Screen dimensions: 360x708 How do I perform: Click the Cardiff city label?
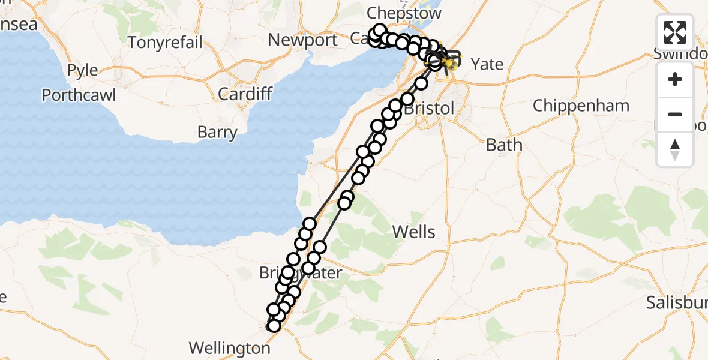tap(245, 94)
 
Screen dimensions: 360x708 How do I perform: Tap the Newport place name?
tap(303, 40)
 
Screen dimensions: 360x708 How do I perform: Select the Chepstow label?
tap(404, 13)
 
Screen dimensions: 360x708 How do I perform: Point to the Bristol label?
tap(429, 109)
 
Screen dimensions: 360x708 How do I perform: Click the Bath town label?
tap(504, 145)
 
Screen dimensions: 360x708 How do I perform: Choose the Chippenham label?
tap(581, 106)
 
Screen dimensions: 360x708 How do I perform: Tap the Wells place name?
tap(413, 232)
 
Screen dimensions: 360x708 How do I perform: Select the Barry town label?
tap(217, 133)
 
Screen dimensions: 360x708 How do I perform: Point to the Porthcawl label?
tap(79, 95)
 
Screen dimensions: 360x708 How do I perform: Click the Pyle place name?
tap(82, 70)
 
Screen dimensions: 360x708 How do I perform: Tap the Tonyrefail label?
tap(165, 43)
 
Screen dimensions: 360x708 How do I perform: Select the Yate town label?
tap(487, 64)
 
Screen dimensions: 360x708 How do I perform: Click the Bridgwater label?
tap(300, 274)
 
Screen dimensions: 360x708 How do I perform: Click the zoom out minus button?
tap(675, 114)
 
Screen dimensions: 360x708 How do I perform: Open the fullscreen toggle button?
tap(675, 32)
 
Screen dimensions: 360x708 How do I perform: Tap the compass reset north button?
tap(675, 149)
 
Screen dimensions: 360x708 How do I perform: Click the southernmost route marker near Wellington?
tap(274, 325)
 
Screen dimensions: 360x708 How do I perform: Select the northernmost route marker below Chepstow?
tap(379, 30)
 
